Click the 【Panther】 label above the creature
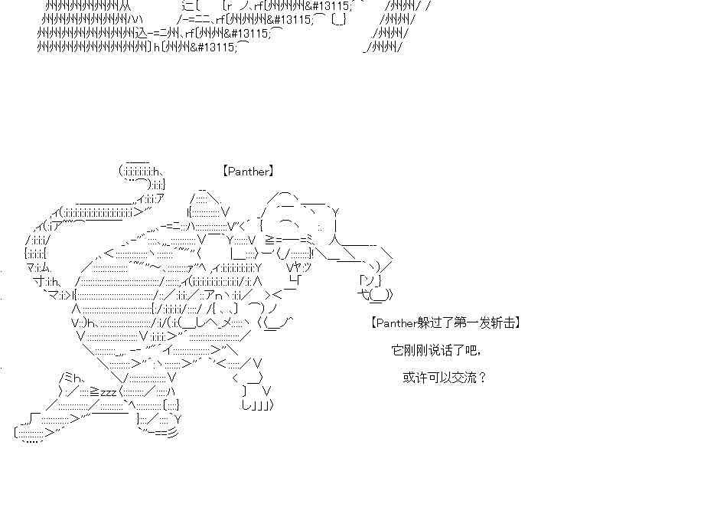pyautogui.click(x=248, y=172)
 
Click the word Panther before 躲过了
pyautogui.click(x=397, y=323)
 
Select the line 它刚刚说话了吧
pyautogui.click(x=436, y=350)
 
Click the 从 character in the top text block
pyautogui.click(x=125, y=6)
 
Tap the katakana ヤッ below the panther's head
pyautogui.click(x=299, y=267)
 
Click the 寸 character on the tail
pyautogui.click(x=37, y=281)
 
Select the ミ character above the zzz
pyautogui.click(x=68, y=377)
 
